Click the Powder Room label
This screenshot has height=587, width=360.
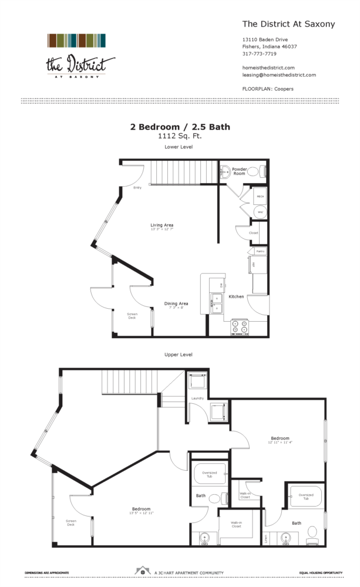click(239, 171)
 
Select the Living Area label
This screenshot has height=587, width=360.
click(162, 225)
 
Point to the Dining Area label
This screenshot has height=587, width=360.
click(176, 304)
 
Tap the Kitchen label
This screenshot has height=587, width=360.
click(236, 296)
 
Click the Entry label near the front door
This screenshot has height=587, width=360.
click(137, 188)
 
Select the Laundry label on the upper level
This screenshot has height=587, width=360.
click(197, 399)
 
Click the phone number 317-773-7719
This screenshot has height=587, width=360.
click(259, 53)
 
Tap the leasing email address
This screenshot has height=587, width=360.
click(279, 75)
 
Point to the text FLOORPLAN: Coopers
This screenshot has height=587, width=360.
click(268, 89)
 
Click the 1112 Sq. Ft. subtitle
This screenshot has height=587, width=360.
click(180, 136)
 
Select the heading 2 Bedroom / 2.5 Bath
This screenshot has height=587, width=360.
click(180, 126)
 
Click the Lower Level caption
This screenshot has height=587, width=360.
click(180, 147)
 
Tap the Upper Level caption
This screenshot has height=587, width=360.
click(180, 355)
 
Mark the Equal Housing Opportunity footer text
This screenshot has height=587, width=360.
click(321, 572)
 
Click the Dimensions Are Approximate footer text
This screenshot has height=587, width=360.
click(47, 572)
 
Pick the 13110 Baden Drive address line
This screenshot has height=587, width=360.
click(265, 40)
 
